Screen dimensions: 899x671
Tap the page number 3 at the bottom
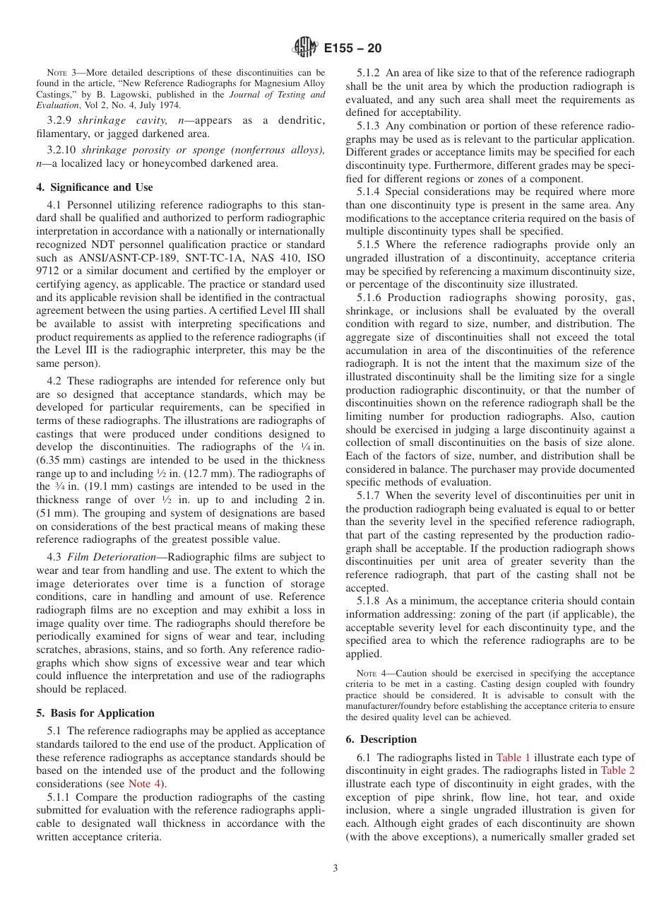(x=335, y=869)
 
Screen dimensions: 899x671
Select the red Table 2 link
(x=617, y=770)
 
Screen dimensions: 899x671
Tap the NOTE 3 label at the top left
(x=61, y=72)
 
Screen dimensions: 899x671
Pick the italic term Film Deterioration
(x=106, y=558)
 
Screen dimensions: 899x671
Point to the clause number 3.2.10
(x=62, y=151)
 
